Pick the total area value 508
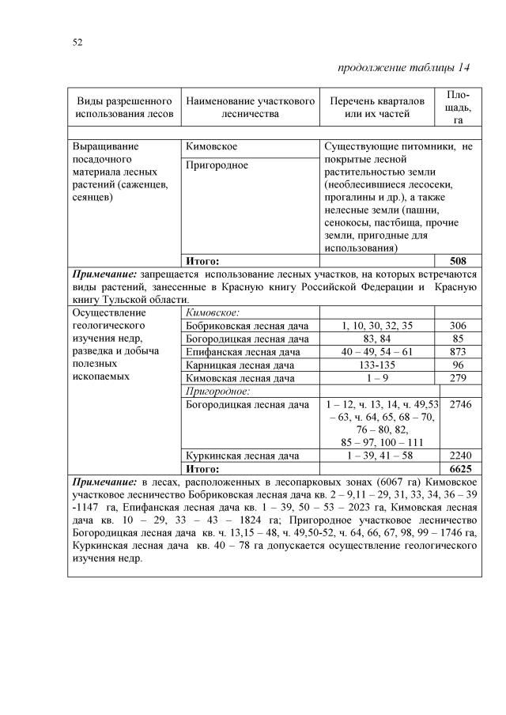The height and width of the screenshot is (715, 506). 459,260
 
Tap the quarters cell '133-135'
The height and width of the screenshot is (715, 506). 377,365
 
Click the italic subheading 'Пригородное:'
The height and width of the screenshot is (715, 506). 216,392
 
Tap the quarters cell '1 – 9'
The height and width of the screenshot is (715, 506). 377,378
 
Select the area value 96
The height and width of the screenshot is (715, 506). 459,365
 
